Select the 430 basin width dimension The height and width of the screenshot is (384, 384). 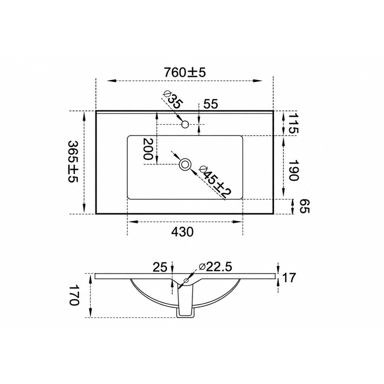pos(182,232)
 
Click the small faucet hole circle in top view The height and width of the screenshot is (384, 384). pos(185,124)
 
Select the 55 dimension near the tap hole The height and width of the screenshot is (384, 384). pos(211,104)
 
